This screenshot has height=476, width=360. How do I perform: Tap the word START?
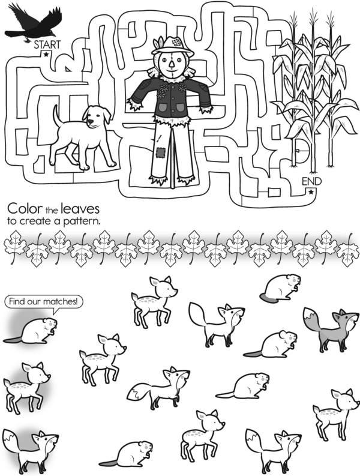(47, 45)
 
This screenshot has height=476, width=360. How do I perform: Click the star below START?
(46, 55)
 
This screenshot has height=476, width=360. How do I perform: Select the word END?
(311, 181)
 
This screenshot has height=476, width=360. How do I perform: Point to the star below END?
(311, 192)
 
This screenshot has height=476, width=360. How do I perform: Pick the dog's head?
(97, 116)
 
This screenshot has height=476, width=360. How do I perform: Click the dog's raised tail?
(57, 116)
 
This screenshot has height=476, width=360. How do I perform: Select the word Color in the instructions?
(25, 209)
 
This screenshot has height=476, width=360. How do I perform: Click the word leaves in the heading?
(80, 209)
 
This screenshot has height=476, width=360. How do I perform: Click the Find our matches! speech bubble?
(44, 302)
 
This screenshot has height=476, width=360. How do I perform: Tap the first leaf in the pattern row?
(14, 247)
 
